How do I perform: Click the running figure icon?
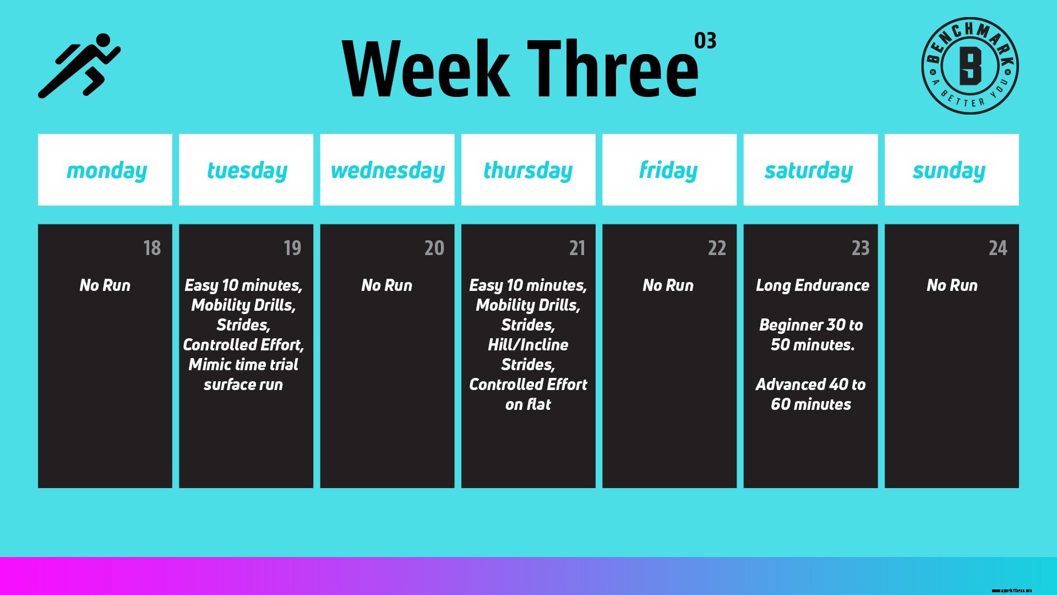[79, 66]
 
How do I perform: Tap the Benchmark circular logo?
[969, 66]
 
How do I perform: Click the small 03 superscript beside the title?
[705, 41]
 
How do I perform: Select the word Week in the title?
[426, 69]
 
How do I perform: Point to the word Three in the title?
[612, 69]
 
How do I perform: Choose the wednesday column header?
[388, 170]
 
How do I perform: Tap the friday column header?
[669, 170]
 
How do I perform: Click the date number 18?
[152, 248]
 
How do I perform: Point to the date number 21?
[577, 248]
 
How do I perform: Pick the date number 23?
[860, 248]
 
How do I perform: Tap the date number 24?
[998, 248]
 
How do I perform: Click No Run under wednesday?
[387, 285]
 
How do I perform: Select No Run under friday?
[668, 285]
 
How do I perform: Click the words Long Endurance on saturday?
[812, 285]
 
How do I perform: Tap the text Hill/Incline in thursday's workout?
[528, 345]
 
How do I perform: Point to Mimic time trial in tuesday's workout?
[243, 365]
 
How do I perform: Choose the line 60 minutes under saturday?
[811, 404]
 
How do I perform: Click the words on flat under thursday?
[528, 404]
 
